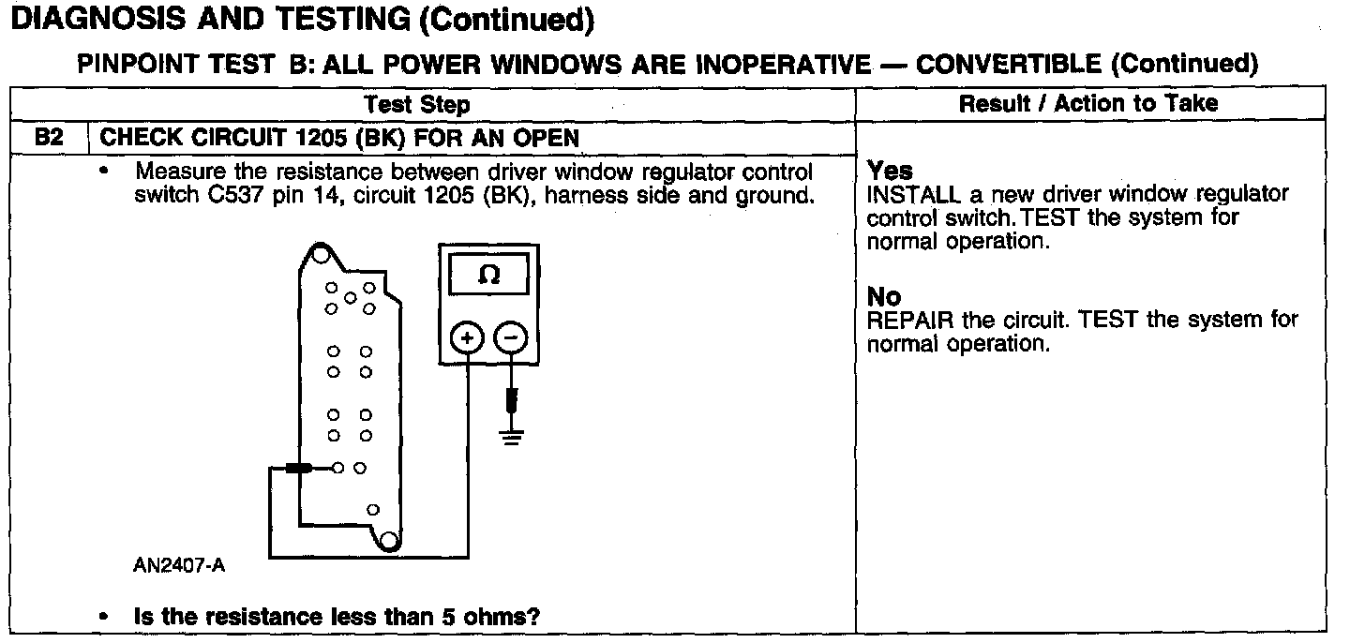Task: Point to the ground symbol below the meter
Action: (511, 435)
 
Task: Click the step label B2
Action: (48, 138)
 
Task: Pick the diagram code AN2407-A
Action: (179, 566)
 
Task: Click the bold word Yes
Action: (890, 171)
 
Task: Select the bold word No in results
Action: (884, 297)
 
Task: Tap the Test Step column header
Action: (417, 104)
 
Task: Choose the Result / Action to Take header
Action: (1088, 103)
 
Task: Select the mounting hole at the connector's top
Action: (320, 253)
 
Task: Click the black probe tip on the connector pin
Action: (299, 468)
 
